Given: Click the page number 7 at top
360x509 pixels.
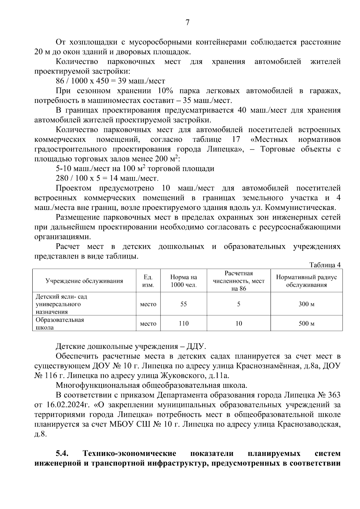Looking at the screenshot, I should [187, 23].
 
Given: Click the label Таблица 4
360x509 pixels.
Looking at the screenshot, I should [325, 265].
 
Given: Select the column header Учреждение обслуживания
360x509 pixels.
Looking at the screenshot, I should [84, 281].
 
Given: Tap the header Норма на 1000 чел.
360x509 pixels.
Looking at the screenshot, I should [184, 281].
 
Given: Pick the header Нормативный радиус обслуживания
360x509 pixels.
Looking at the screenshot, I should [306, 281].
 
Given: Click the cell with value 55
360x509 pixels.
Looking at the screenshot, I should [184, 304].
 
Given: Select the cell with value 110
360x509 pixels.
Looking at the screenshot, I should [184, 324].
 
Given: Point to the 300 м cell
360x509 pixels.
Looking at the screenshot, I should [306, 304].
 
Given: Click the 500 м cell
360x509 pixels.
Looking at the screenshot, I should [306, 324].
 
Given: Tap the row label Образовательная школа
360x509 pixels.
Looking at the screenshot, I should [60, 324].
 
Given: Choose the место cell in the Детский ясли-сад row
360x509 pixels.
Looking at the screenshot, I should [148, 304].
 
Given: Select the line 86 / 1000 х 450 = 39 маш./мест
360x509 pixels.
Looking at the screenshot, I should [110, 81].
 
